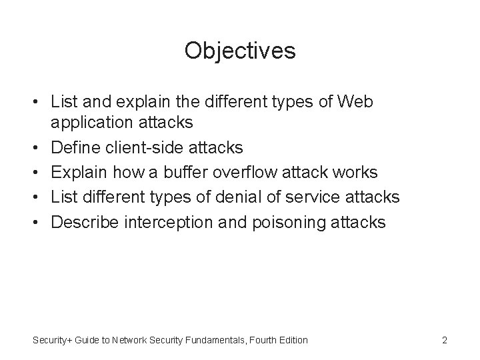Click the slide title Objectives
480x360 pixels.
pyautogui.click(x=240, y=51)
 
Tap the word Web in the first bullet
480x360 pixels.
pyautogui.click(x=357, y=102)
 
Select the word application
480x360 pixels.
pyautogui.click(x=91, y=123)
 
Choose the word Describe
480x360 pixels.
pyautogui.click(x=85, y=221)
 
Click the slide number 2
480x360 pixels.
pyautogui.click(x=444, y=340)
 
